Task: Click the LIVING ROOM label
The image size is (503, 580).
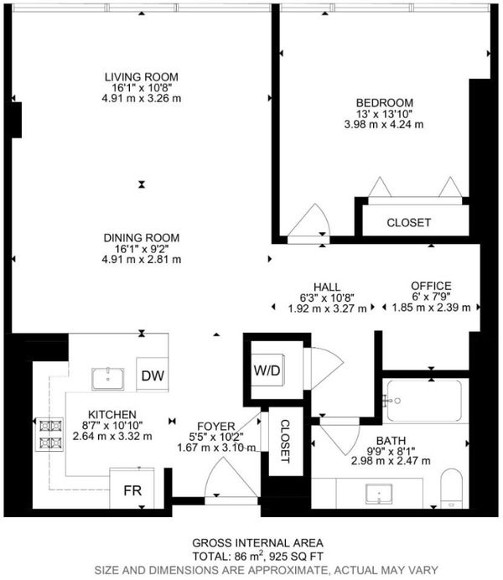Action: coord(142,77)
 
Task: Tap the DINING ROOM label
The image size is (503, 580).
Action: coord(142,238)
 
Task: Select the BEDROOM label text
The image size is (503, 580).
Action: coord(384,103)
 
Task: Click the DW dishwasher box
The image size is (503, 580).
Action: coord(153,375)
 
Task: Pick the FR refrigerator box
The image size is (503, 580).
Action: coord(132,489)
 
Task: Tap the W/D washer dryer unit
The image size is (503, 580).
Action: coord(267,370)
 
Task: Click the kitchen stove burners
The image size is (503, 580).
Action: coord(49,434)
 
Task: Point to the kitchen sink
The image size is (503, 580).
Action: coord(107,379)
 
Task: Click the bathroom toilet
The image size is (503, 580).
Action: coord(452,489)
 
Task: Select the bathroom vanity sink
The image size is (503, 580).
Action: coord(379,494)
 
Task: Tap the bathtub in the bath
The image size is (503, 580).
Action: coord(425,401)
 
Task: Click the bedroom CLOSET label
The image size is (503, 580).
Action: coord(409,223)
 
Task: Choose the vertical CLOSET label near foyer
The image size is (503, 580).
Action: coord(284,441)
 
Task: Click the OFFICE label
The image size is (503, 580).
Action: coord(431,286)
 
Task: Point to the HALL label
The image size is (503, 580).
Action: coord(327,287)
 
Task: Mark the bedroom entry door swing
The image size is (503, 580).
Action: coord(309,220)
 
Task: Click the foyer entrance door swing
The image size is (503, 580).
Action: coord(231,477)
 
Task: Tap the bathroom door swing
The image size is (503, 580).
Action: coord(340,436)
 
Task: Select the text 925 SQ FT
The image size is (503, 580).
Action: coord(296,557)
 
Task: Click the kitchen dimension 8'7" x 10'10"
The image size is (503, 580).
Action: coord(112,426)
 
